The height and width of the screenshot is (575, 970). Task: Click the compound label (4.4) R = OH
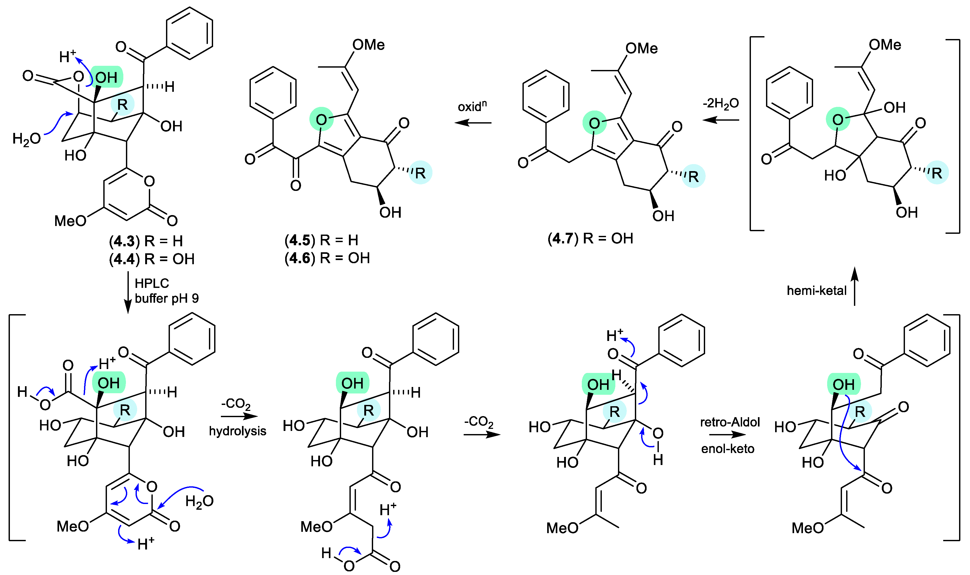[151, 259]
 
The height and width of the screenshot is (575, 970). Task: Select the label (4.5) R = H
[321, 240]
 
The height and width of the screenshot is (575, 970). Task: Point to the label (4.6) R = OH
[327, 258]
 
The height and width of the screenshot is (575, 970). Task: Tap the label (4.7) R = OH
[590, 238]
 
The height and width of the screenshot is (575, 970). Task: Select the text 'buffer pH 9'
[167, 298]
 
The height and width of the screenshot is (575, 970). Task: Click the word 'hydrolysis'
[238, 431]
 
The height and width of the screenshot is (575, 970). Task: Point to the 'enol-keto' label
[728, 449]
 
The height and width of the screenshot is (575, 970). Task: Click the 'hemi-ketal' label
[816, 290]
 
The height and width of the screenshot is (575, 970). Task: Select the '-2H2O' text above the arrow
[721, 104]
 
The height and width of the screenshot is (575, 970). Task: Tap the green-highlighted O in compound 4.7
[595, 123]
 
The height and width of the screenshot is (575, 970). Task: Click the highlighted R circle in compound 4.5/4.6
[420, 173]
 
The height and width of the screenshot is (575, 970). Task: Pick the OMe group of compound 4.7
[641, 48]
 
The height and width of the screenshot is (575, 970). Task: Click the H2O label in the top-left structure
[26, 139]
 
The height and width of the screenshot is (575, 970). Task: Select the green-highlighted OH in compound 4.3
[107, 77]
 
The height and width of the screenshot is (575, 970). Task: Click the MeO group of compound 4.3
[70, 221]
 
